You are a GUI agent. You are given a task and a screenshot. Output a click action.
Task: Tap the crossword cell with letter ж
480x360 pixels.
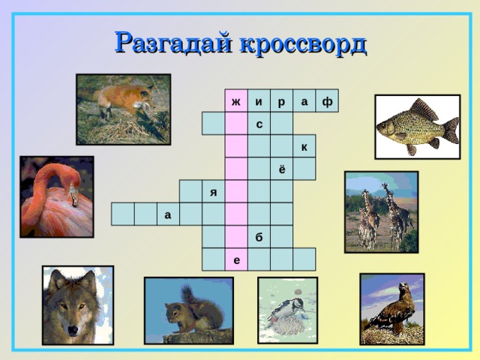[x=236, y=101]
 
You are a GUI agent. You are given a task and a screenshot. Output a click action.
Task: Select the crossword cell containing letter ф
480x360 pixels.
[x=327, y=101]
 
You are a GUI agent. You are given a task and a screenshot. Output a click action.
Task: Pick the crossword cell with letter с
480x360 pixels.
[x=259, y=124]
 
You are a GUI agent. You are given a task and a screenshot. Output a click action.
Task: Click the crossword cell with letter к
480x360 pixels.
[x=304, y=146]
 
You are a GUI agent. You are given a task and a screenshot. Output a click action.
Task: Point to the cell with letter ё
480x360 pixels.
[x=281, y=169]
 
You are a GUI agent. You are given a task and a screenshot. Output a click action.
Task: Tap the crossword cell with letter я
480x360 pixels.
[x=214, y=192]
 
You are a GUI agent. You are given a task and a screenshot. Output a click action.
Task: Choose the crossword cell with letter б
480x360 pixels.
[x=259, y=237]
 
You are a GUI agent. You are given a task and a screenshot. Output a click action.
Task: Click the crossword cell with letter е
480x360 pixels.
[x=236, y=259]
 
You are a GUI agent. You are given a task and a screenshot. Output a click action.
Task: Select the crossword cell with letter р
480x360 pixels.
[x=281, y=101]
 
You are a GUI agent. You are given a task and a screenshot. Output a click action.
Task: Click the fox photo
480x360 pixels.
[x=123, y=108]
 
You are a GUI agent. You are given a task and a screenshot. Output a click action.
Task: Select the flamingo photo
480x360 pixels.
[x=57, y=196]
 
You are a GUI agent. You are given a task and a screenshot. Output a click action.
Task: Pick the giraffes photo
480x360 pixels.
[x=380, y=211]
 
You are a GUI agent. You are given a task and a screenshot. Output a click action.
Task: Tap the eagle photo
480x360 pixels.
[x=391, y=308]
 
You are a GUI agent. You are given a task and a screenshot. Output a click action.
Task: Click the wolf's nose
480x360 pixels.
[x=73, y=329]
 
